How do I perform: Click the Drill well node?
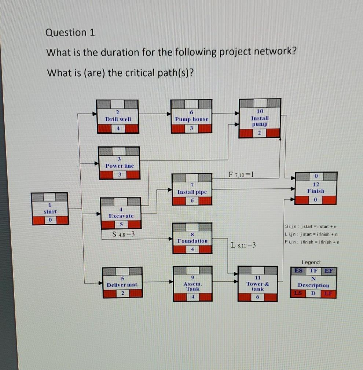[117, 116]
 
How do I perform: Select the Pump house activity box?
[191, 116]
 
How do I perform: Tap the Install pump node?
[260, 118]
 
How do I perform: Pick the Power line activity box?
[119, 163]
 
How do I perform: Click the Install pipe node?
[192, 189]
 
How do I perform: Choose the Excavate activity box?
[121, 213]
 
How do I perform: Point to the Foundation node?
[192, 238]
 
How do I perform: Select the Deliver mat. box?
[122, 282]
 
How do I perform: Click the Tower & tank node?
[257, 283]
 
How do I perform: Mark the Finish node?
[316, 188]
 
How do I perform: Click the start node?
[49, 208]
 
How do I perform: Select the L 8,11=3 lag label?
[243, 245]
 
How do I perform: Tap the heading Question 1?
[70, 33]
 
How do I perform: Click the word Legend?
[311, 262]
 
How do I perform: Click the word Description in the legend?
[313, 285]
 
